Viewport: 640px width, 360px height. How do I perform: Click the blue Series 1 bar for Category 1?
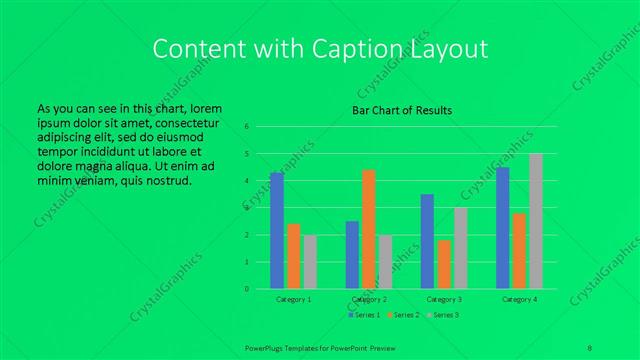(277, 231)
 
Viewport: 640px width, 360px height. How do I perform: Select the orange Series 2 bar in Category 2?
(369, 229)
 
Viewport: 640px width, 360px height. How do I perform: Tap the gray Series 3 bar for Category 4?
(535, 221)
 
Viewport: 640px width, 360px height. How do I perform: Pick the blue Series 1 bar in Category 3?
(427, 241)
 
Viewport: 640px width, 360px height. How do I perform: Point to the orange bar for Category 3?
(444, 264)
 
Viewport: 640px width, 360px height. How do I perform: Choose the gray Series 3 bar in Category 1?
(310, 262)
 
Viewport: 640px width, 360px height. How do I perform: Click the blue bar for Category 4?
(502, 228)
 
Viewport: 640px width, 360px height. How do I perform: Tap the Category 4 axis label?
(519, 299)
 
